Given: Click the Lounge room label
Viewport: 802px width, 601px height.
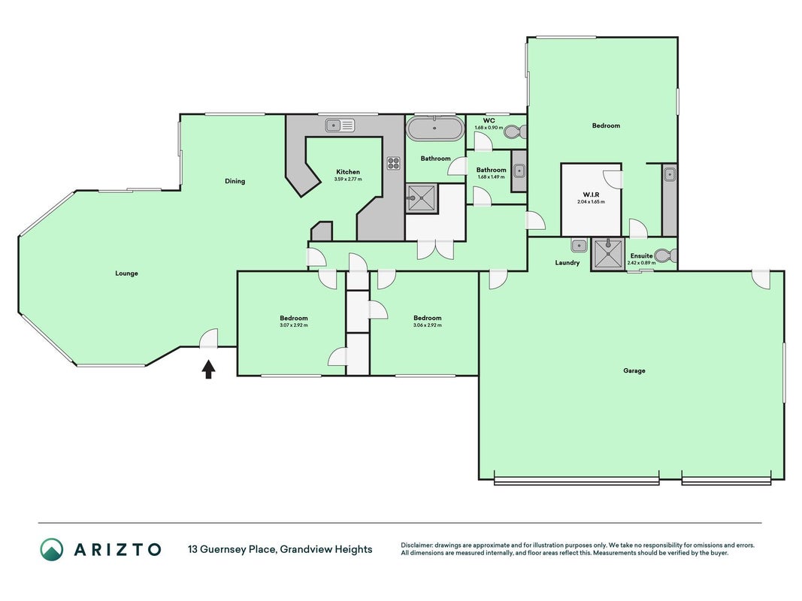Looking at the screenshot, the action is click(x=126, y=273).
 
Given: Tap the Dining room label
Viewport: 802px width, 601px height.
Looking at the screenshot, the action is click(x=235, y=181).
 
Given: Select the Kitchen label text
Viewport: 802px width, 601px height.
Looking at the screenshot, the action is click(x=348, y=172).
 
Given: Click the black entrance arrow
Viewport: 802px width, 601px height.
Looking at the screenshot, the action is click(x=208, y=369).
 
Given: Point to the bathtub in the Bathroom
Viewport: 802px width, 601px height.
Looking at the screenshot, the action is click(x=434, y=128).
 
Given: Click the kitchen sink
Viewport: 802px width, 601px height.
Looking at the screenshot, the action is click(x=340, y=125).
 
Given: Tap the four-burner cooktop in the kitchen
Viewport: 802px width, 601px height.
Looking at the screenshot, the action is click(x=393, y=163).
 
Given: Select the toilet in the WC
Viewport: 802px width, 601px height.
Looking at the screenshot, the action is click(x=513, y=132).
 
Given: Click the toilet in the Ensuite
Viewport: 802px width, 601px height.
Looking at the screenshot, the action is click(x=666, y=255).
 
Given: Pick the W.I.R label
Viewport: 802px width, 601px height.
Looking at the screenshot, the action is click(x=591, y=195).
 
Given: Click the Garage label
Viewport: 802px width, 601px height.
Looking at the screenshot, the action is click(x=634, y=370).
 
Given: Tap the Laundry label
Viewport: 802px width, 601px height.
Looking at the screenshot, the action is click(x=567, y=263).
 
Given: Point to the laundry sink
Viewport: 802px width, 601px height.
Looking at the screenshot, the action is click(x=579, y=246).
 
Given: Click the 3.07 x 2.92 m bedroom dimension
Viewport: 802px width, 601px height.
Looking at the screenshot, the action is click(x=294, y=325).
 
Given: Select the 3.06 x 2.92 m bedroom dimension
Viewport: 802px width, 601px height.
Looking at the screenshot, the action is click(x=428, y=325).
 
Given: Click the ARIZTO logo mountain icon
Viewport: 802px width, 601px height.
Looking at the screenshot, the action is click(x=52, y=550).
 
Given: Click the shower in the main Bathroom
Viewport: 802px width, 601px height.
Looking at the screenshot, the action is click(x=422, y=198).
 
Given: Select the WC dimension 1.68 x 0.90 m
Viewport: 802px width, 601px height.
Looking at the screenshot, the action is click(x=489, y=128).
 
